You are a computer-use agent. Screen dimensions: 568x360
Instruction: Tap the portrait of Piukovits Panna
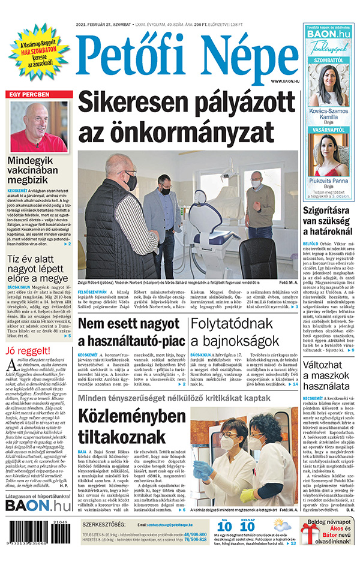pyautogui.click(x=328, y=153)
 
